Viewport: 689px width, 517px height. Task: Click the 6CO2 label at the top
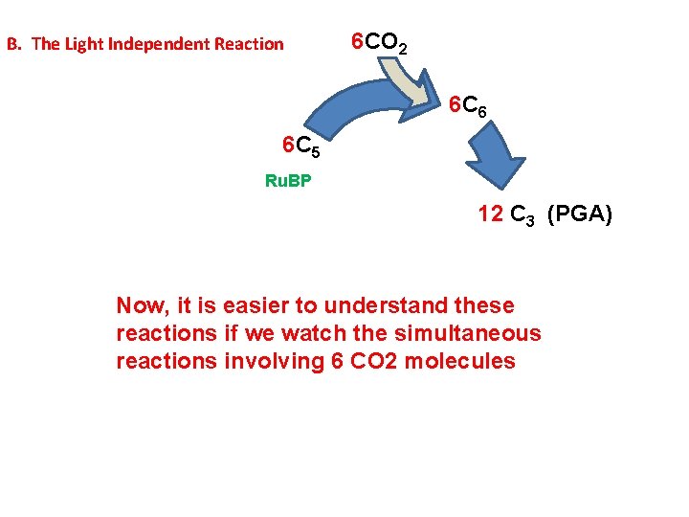[x=380, y=43]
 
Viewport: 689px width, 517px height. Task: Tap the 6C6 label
[x=468, y=108]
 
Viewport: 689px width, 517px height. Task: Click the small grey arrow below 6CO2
[x=401, y=82]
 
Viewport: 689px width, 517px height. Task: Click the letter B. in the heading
[x=13, y=44]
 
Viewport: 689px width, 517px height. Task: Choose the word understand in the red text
[x=378, y=306]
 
